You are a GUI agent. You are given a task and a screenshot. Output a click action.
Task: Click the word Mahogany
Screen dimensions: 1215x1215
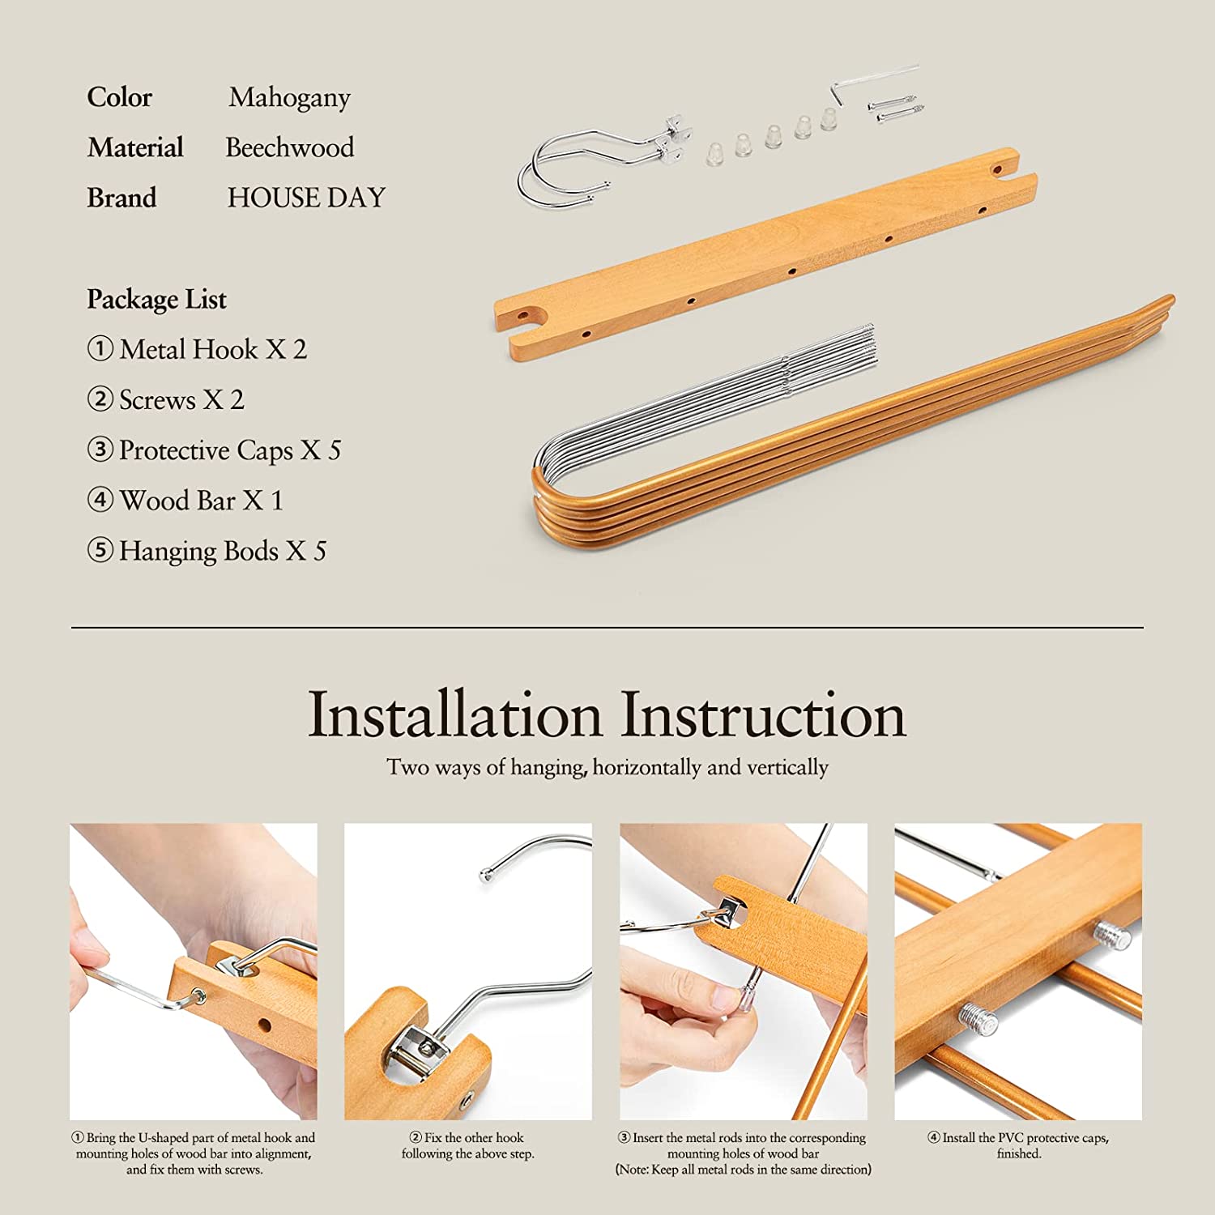289,98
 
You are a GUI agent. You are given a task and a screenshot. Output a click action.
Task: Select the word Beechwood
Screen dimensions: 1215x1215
290,147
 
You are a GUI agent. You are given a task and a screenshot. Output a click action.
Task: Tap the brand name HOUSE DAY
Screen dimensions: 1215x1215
306,198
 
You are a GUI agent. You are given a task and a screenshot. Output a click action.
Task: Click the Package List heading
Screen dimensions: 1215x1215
156,300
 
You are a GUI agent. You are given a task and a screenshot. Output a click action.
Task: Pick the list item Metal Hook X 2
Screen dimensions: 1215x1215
197,349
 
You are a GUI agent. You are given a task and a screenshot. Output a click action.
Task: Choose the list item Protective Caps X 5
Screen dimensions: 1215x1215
214,450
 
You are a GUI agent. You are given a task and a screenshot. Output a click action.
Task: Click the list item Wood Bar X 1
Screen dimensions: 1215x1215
185,501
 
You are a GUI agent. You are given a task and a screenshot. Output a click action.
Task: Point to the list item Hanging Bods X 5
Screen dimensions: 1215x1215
207,551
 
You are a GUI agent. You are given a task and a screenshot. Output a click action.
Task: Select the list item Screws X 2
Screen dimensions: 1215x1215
165,399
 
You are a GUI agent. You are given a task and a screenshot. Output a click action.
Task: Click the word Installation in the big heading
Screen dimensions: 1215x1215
455,715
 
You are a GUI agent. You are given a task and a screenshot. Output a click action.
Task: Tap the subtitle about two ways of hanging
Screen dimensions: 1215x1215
607,767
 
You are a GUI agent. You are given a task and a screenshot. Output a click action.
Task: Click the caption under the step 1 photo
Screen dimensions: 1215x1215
194,1153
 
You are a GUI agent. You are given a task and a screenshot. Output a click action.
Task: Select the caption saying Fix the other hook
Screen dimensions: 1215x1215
468,1145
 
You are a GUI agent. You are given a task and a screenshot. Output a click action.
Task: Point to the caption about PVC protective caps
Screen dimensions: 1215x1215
1018,1145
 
